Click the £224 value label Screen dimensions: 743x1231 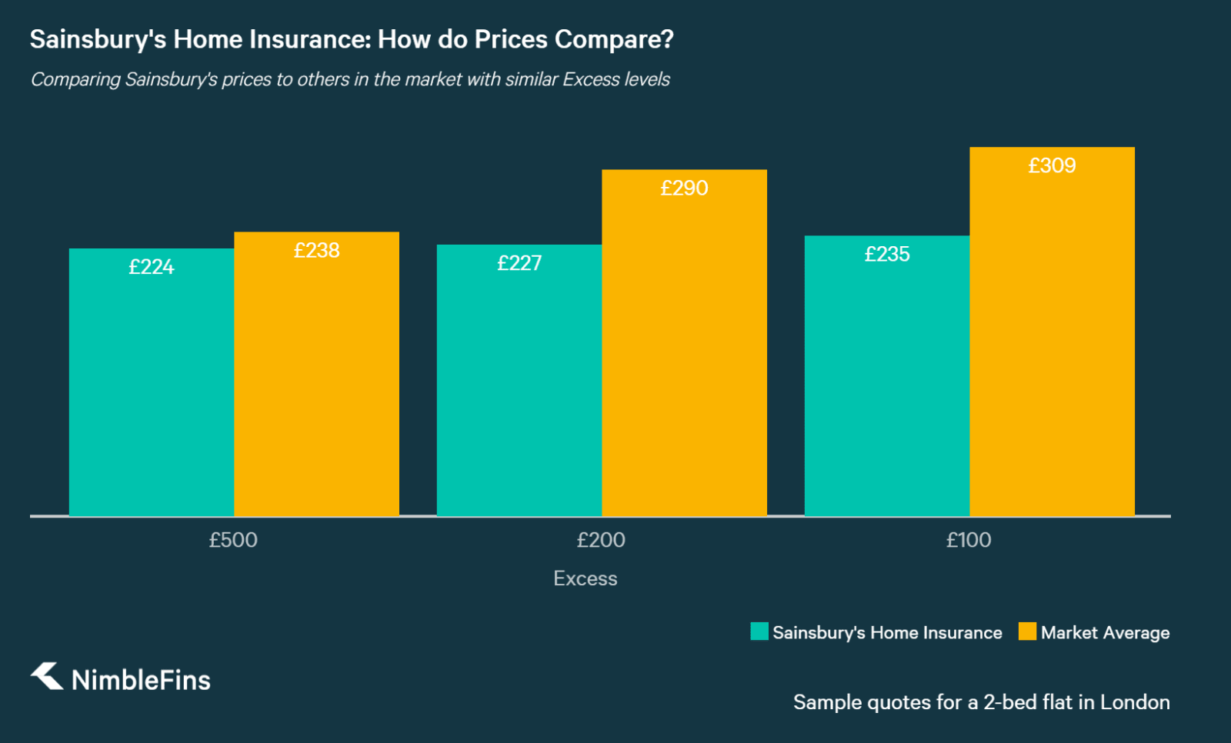pyautogui.click(x=152, y=267)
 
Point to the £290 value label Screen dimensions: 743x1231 pyautogui.click(x=684, y=188)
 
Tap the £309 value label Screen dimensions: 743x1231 pyautogui.click(x=1052, y=165)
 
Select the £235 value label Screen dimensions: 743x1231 pyautogui.click(x=887, y=254)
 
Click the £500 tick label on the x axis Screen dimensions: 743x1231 pyautogui.click(x=233, y=540)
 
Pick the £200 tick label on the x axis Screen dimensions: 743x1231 pyautogui.click(x=601, y=540)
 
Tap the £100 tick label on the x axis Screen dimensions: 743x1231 pyautogui.click(x=969, y=540)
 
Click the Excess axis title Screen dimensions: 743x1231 pyautogui.click(x=585, y=578)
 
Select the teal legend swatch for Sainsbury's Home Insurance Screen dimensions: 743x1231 pyautogui.click(x=759, y=631)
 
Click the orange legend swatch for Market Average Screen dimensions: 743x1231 pyautogui.click(x=1027, y=631)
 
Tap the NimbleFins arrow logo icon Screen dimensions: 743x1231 pyautogui.click(x=47, y=676)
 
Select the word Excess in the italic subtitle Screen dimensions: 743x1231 pyautogui.click(x=591, y=79)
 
